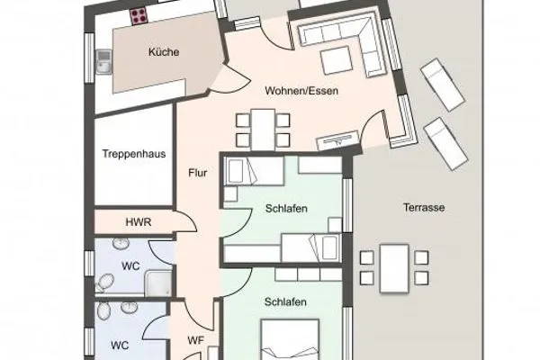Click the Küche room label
[x=164, y=52]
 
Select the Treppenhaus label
[x=133, y=153]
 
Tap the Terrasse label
[x=424, y=207]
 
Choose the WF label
[x=196, y=340]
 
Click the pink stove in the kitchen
[x=139, y=14]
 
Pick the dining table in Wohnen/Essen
[x=262, y=128]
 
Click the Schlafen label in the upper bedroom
[x=286, y=209]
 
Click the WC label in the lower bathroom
[x=119, y=344]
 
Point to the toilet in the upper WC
[x=104, y=283]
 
